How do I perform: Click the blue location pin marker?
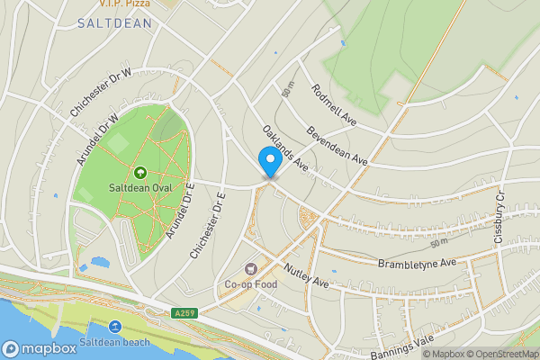coord(268,162)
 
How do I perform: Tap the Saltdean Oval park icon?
coord(139,172)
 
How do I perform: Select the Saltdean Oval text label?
coord(139,187)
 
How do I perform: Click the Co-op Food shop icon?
coord(249,269)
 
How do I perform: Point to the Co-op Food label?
coord(249,285)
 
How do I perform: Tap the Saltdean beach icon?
coord(115,328)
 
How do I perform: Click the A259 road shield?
coord(184,313)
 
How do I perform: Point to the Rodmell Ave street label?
coord(334,104)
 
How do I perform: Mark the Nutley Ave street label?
coord(307,275)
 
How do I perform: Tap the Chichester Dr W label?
coord(100,93)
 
